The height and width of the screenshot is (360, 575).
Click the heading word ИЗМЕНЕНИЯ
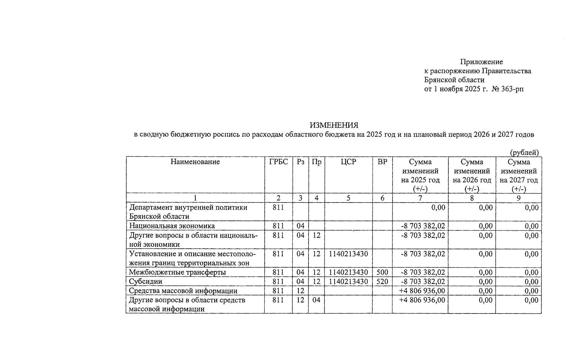pyautogui.click(x=334, y=125)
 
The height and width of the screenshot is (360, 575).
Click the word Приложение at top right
pyautogui.click(x=481, y=62)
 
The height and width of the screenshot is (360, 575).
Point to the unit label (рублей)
pyautogui.click(x=524, y=152)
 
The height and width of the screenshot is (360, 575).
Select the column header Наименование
pyautogui.click(x=195, y=162)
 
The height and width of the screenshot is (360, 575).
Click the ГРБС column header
pyautogui.click(x=278, y=162)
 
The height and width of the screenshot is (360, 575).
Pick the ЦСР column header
pyautogui.click(x=348, y=162)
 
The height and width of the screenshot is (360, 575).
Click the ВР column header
pyautogui.click(x=382, y=162)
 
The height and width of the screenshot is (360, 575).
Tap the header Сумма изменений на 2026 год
pyautogui.click(x=472, y=175)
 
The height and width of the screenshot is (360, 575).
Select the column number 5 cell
pyautogui.click(x=348, y=198)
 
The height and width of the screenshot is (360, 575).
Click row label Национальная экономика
pyautogui.click(x=172, y=226)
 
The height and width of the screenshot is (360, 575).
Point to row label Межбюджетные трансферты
pyautogui.click(x=177, y=272)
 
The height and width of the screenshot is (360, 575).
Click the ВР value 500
pyautogui.click(x=382, y=272)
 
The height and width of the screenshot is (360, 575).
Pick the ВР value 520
pyautogui.click(x=382, y=281)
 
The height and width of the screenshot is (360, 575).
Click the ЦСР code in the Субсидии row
pyautogui.click(x=348, y=281)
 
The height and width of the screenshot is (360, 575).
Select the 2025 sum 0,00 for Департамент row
pyautogui.click(x=438, y=208)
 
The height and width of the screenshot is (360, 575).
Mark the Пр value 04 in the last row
pyautogui.click(x=316, y=300)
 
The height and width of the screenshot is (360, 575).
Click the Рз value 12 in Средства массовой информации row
pyautogui.click(x=300, y=291)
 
